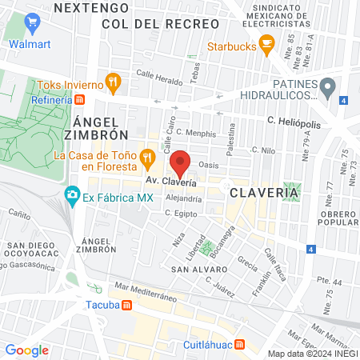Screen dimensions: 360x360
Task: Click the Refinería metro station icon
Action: tap(79, 100)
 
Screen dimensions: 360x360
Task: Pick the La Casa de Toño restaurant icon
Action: tap(147, 156)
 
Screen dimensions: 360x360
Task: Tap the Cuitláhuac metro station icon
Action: tap(249, 343)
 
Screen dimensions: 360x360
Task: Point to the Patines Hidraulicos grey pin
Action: tap(327, 85)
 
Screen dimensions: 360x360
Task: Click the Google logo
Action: tap(26, 350)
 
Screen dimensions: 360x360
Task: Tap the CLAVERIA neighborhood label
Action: tap(264, 193)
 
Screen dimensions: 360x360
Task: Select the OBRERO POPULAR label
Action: tap(339, 219)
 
